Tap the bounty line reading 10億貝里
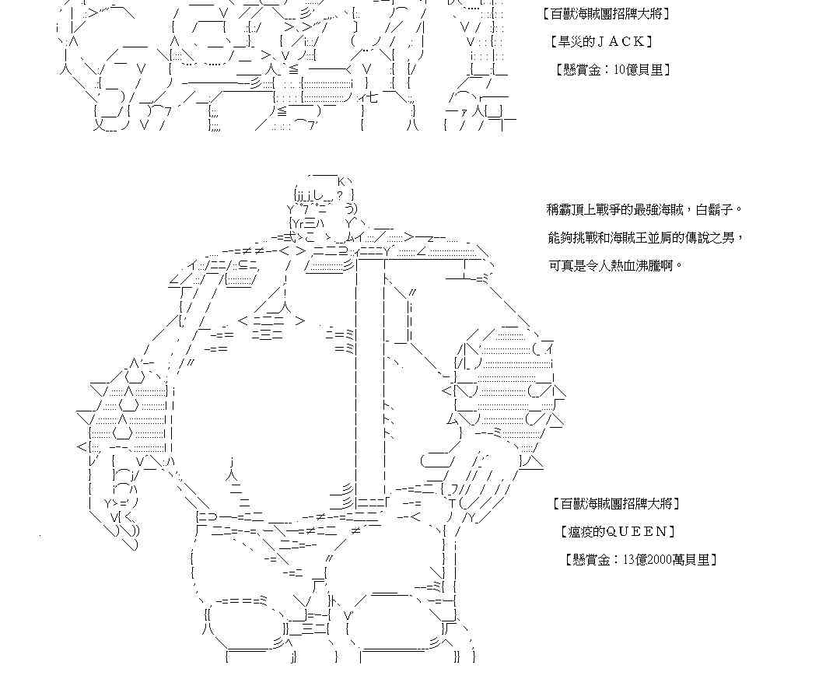tap(613, 69)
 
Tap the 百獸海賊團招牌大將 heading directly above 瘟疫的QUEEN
tap(615, 503)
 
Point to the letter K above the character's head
tap(341, 180)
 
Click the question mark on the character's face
tap(339, 194)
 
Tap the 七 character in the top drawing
tap(372, 98)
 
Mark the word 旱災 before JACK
tap(576, 41)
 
